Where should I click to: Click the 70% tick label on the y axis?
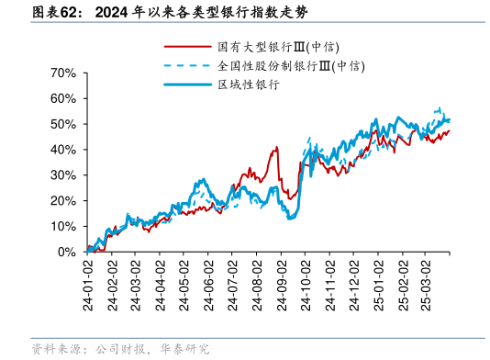(62, 73)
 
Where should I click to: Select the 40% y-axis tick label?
(62, 149)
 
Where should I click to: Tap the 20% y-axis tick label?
(62, 200)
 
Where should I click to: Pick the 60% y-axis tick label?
(62, 98)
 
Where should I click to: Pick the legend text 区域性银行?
(248, 84)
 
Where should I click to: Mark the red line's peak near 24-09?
(276, 147)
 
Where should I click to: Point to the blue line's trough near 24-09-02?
(290, 218)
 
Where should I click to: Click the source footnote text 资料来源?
(55, 349)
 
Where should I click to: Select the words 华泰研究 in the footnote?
(184, 349)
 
